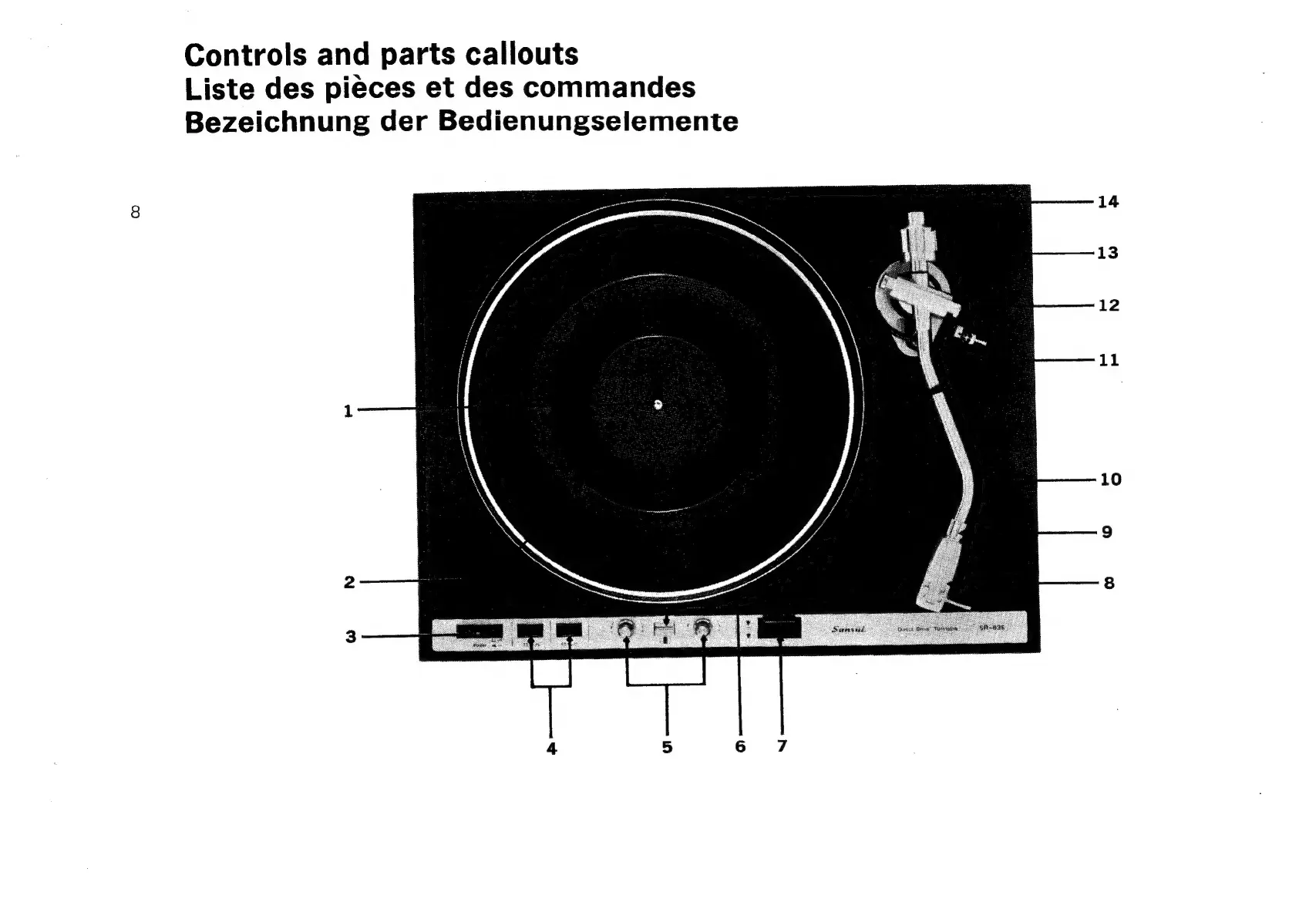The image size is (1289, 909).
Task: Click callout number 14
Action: point(1108,202)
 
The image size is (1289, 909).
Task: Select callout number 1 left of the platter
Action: point(348,411)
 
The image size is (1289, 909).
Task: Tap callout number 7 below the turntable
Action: point(782,746)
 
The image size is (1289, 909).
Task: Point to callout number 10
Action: point(1110,480)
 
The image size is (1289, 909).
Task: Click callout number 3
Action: point(351,637)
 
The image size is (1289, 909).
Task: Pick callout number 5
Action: point(667,747)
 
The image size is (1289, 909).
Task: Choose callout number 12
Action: point(1109,305)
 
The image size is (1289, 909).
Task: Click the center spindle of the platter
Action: point(658,403)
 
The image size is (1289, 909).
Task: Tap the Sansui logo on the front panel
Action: point(848,628)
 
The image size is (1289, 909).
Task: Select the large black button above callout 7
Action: point(779,628)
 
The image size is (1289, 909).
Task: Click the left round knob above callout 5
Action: point(625,630)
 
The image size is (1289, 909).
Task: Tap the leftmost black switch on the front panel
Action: point(479,631)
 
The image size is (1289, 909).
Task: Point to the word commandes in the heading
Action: point(609,87)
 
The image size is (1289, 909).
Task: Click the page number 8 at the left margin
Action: point(136,212)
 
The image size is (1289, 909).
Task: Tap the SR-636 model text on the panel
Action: point(991,628)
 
